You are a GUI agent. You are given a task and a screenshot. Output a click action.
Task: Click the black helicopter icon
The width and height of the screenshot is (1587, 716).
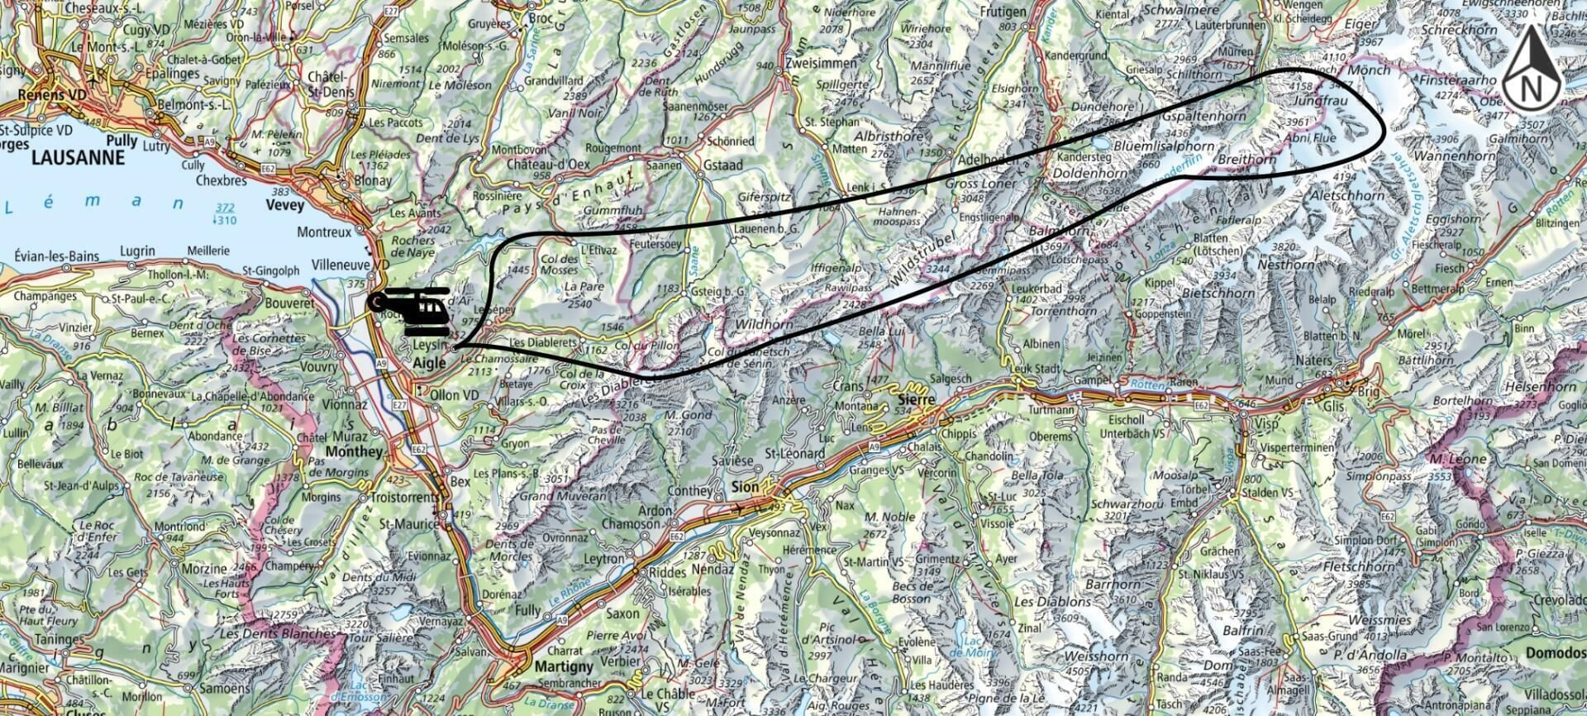(410, 311)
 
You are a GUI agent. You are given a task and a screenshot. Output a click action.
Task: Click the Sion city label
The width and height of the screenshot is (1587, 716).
(745, 487)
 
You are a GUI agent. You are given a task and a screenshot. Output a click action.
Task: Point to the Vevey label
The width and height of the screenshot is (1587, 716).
(285, 205)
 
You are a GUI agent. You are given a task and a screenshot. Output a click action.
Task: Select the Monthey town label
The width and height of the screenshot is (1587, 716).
(355, 451)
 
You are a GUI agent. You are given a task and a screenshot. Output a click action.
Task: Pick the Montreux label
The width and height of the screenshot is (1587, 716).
(324, 232)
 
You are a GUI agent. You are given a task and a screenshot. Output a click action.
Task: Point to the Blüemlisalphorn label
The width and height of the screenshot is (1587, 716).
(1165, 146)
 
